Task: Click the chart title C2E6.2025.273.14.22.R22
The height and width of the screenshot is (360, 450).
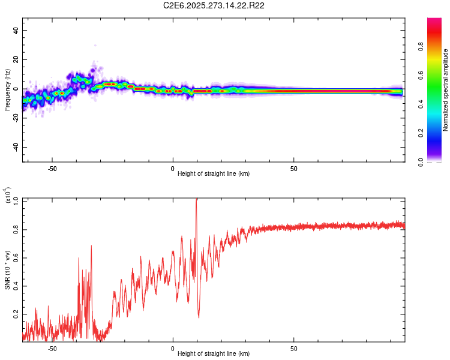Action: [214, 5]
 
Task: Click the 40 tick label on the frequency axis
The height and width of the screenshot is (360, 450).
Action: [15, 31]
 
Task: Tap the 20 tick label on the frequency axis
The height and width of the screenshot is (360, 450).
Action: [15, 60]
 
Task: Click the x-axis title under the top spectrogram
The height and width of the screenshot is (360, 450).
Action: [214, 173]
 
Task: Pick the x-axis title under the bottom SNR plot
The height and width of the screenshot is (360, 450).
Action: [214, 353]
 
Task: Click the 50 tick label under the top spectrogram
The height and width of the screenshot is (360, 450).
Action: [294, 169]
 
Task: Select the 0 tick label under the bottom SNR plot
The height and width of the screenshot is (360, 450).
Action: [173, 349]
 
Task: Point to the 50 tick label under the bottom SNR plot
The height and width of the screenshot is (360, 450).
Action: [294, 349]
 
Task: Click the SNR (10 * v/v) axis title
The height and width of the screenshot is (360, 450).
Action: [7, 264]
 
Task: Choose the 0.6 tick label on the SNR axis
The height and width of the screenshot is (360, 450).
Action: [15, 257]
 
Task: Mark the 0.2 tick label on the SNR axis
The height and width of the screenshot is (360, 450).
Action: [15, 314]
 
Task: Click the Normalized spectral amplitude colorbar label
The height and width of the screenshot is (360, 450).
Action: [446, 90]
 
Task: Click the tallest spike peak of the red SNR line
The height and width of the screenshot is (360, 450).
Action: [196, 200]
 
